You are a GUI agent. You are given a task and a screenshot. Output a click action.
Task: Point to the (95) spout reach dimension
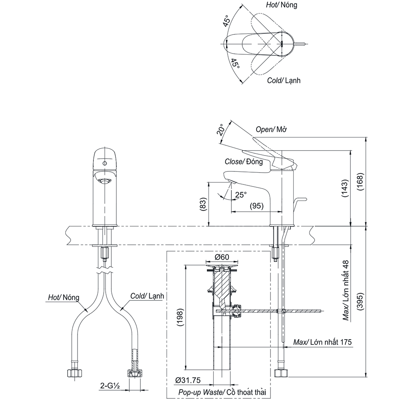pos(257,206)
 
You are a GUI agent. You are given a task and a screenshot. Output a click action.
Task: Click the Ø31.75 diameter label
pos(188,380)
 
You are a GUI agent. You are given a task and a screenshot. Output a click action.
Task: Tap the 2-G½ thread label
pos(109,385)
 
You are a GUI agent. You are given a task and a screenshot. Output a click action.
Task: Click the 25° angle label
pos(241,195)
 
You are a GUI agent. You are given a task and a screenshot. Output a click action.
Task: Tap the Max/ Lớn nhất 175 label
pos(322,342)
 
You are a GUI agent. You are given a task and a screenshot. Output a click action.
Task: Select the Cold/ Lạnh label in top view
pos(283,80)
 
